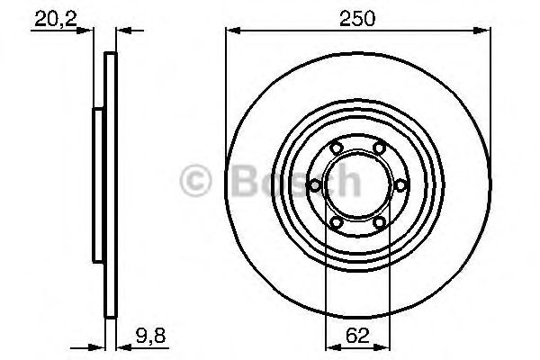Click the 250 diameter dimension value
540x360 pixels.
pos(356,18)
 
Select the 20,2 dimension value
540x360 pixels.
pos(56,19)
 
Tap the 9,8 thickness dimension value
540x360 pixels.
pos(151,336)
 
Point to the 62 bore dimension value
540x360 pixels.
pos(357,336)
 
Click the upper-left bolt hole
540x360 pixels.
pos(336,148)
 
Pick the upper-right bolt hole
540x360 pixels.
pos(379,148)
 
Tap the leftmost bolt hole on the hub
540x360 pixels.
pos(315,186)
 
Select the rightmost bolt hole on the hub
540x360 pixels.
pos(400,186)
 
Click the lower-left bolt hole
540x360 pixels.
pos(336,223)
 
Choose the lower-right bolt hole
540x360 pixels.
pos(379,223)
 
